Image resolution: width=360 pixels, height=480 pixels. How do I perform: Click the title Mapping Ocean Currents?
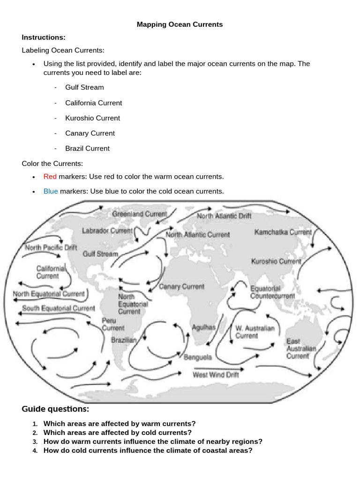click(x=180, y=24)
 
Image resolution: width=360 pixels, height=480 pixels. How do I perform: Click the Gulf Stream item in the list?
click(x=84, y=87)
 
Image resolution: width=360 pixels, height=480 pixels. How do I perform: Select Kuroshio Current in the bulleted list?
click(x=92, y=118)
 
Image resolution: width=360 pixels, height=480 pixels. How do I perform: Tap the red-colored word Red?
click(x=50, y=177)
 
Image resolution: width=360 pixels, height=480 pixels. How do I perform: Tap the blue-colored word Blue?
click(x=51, y=191)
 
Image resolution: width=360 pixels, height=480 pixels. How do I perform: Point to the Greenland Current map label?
click(x=139, y=214)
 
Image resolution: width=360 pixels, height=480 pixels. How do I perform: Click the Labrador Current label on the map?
click(x=107, y=231)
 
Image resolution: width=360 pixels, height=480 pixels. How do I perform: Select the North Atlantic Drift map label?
click(x=224, y=216)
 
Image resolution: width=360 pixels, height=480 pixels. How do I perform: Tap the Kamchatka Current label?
click(x=283, y=232)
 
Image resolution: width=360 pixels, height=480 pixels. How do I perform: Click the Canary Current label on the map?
click(x=182, y=286)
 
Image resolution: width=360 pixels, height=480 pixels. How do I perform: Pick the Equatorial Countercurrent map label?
click(x=272, y=292)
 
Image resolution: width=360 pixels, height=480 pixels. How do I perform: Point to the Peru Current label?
click(x=113, y=324)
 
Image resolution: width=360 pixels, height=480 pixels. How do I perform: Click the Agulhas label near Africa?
click(x=203, y=328)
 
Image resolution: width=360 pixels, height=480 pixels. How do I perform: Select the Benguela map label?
click(x=197, y=357)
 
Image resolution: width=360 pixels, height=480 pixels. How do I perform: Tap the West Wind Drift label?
click(x=216, y=375)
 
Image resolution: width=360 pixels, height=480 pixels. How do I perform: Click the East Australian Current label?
click(x=301, y=349)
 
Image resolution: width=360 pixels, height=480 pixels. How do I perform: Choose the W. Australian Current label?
click(x=255, y=332)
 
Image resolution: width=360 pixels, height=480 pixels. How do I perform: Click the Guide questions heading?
click(x=55, y=409)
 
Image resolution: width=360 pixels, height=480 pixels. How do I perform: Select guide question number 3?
click(x=153, y=442)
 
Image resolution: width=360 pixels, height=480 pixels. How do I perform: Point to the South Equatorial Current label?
click(x=59, y=308)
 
